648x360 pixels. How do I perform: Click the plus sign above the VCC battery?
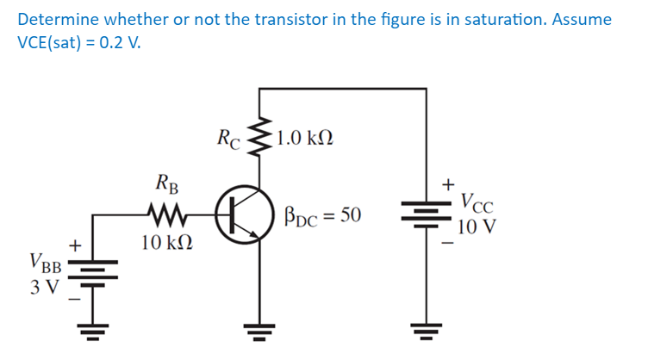tap(447, 183)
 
